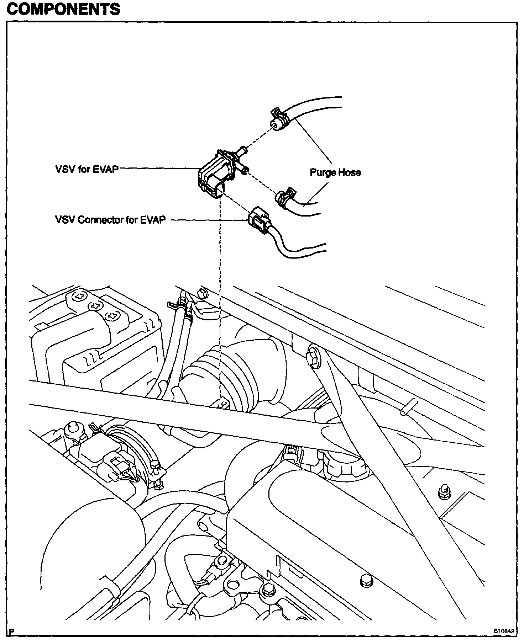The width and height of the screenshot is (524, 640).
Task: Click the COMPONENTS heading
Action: [x=63, y=9]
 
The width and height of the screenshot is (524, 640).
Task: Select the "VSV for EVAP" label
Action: [x=87, y=169]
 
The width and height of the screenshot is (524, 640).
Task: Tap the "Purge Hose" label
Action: [x=335, y=172]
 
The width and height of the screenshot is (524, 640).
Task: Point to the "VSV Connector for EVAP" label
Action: [x=110, y=220]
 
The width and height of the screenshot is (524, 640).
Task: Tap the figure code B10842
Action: [x=503, y=631]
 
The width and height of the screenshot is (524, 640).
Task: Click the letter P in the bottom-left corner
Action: [x=12, y=631]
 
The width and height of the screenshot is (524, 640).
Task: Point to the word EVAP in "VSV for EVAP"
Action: [x=106, y=169]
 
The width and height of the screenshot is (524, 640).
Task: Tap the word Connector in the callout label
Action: [x=101, y=220]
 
